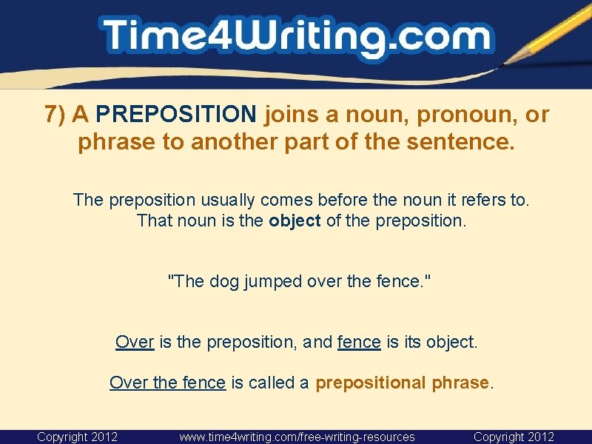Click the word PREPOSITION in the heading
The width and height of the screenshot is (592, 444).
(x=176, y=115)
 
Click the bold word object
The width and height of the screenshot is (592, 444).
(x=295, y=221)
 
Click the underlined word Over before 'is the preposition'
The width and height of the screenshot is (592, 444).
(x=135, y=342)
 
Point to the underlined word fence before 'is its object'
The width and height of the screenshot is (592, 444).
(x=359, y=342)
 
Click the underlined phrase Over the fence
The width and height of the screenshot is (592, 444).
(x=167, y=383)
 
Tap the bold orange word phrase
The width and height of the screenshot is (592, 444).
(x=460, y=383)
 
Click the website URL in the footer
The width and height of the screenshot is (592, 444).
(x=297, y=437)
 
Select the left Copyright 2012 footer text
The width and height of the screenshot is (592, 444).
(x=77, y=437)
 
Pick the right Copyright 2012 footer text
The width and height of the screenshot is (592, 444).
(x=514, y=437)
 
